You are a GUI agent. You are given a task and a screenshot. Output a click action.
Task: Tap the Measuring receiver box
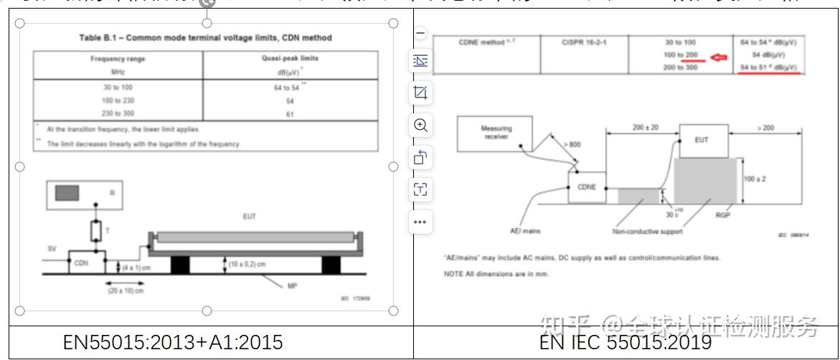click(496, 133)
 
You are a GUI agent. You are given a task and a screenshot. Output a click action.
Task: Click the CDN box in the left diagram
click(82, 262)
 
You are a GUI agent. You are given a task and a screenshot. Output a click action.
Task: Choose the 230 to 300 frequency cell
click(118, 113)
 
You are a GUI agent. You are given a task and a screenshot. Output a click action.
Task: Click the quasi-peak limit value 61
click(290, 113)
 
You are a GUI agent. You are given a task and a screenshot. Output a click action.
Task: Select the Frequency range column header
click(118, 59)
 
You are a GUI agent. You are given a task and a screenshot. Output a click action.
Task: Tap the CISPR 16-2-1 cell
click(583, 42)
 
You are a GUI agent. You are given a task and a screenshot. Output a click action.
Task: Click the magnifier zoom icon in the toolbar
click(421, 125)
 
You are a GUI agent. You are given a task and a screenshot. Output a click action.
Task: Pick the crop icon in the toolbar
click(421, 93)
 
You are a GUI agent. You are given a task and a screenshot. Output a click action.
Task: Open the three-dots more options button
click(421, 222)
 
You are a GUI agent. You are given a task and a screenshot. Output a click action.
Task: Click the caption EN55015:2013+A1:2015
click(173, 343)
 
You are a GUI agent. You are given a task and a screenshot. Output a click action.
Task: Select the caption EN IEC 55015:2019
click(625, 343)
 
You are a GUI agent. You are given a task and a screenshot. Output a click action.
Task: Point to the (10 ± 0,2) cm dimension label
click(246, 263)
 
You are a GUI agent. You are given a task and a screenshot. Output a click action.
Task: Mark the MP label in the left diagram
click(293, 285)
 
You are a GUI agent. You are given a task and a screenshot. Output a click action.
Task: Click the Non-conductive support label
click(647, 232)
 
